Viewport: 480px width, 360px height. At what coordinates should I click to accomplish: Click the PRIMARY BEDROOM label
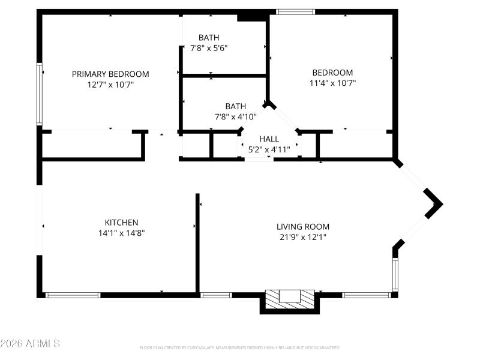click(110, 74)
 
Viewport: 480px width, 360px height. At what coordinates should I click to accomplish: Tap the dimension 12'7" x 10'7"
click(110, 85)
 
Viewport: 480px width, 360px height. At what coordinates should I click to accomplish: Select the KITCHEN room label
click(122, 222)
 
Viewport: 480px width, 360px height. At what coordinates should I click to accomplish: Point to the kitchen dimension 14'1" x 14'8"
click(122, 233)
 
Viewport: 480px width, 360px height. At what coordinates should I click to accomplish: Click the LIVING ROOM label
click(303, 226)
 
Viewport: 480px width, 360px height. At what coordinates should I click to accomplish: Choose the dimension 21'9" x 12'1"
click(303, 237)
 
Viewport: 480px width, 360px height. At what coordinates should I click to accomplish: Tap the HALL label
click(269, 139)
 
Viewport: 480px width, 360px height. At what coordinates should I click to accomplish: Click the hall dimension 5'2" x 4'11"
click(269, 149)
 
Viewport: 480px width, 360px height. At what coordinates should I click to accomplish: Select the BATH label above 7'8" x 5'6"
click(209, 37)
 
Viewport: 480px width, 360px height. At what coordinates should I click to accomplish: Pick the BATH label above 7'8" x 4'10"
click(235, 106)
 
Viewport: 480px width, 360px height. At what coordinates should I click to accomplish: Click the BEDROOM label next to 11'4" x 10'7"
click(332, 73)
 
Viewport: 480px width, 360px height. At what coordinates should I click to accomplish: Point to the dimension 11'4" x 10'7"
click(332, 83)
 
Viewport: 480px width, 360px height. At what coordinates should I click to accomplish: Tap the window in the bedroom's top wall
click(295, 11)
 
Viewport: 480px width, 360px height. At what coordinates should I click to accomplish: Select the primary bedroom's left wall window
click(40, 94)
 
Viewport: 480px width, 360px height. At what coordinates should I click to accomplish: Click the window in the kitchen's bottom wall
click(73, 295)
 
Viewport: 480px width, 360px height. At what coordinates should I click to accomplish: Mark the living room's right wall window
click(395, 274)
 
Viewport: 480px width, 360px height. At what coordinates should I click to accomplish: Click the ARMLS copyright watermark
click(30, 344)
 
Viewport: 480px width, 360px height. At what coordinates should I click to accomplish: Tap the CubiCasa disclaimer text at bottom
click(240, 347)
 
